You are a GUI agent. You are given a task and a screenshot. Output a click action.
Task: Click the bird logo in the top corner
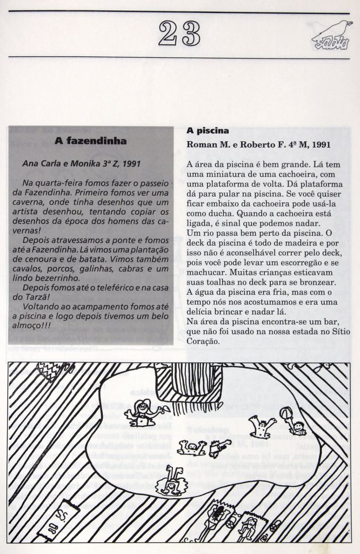pyautogui.click(x=331, y=36)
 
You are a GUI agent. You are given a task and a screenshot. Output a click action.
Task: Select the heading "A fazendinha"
pyautogui.click(x=91, y=141)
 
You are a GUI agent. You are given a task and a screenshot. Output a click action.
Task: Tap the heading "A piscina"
pyautogui.click(x=208, y=131)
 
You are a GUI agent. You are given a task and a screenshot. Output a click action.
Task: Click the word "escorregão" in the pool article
pyautogui.click(x=295, y=263)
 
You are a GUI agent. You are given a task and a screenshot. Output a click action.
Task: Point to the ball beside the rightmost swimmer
pyautogui.click(x=286, y=413)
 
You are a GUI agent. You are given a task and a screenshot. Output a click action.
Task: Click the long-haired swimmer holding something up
pyautogui.click(x=143, y=413)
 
